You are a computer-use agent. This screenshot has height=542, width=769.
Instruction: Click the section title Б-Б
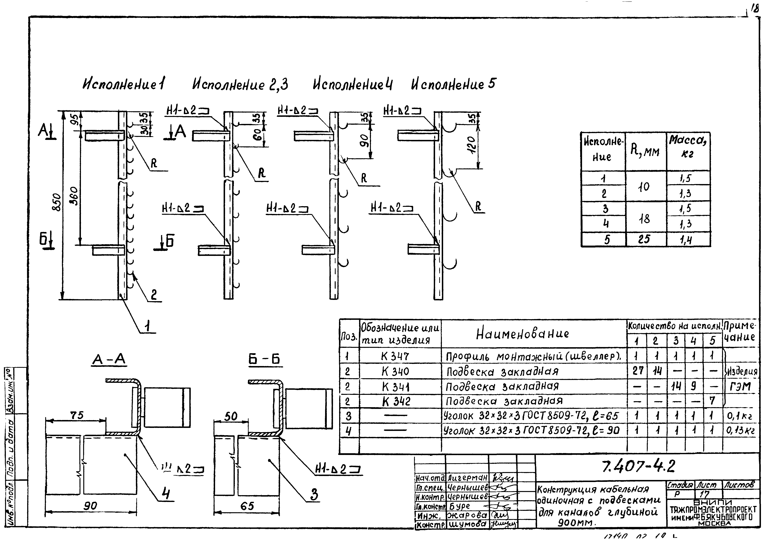(x=264, y=360)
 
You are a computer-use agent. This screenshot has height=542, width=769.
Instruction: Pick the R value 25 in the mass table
(x=644, y=239)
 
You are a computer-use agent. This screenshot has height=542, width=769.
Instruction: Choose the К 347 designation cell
(x=395, y=356)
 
